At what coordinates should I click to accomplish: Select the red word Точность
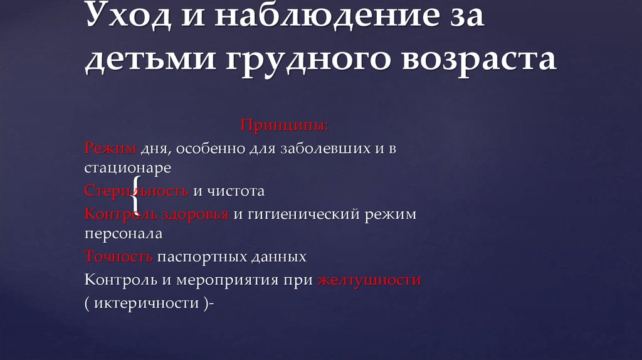coord(119,257)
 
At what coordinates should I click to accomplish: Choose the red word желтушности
coord(369,280)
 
